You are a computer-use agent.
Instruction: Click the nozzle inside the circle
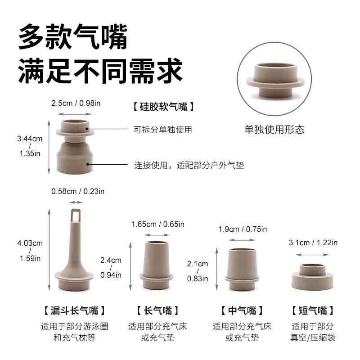(274, 81)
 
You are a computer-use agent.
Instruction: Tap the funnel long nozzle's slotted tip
(76, 215)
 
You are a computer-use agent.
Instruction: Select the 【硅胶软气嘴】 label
(164, 107)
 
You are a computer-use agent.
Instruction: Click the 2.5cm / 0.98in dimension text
(75, 103)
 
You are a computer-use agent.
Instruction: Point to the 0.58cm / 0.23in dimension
(78, 191)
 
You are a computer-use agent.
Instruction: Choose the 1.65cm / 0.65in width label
(157, 224)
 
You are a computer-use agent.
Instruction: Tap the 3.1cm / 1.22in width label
(313, 243)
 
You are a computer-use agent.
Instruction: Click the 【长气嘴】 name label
(157, 310)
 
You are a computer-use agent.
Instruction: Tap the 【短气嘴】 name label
(313, 310)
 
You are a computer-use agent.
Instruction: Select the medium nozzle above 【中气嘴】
(245, 268)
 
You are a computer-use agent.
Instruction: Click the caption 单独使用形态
(274, 130)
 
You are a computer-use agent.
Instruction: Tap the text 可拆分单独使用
(163, 130)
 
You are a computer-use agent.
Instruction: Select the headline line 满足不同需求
(100, 72)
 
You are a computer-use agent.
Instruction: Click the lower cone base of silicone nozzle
(75, 157)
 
